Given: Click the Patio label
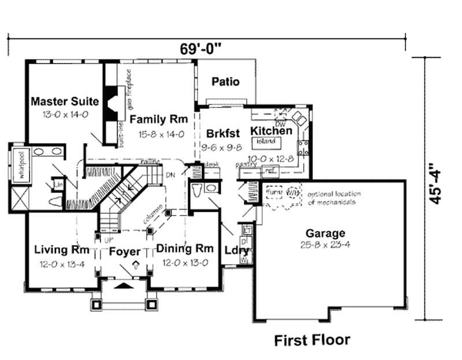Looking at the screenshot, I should [x=225, y=82].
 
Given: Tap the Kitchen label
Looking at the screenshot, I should [x=271, y=131].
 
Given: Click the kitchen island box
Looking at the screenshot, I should [x=266, y=140].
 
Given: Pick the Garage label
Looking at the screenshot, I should [x=326, y=233].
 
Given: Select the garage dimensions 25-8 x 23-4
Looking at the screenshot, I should [x=326, y=244].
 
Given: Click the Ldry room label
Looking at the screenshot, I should [x=236, y=251].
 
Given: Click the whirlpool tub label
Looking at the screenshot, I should [x=17, y=168].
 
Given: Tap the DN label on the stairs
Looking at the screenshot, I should [x=170, y=173].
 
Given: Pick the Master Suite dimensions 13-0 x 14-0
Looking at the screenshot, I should [x=65, y=114].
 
